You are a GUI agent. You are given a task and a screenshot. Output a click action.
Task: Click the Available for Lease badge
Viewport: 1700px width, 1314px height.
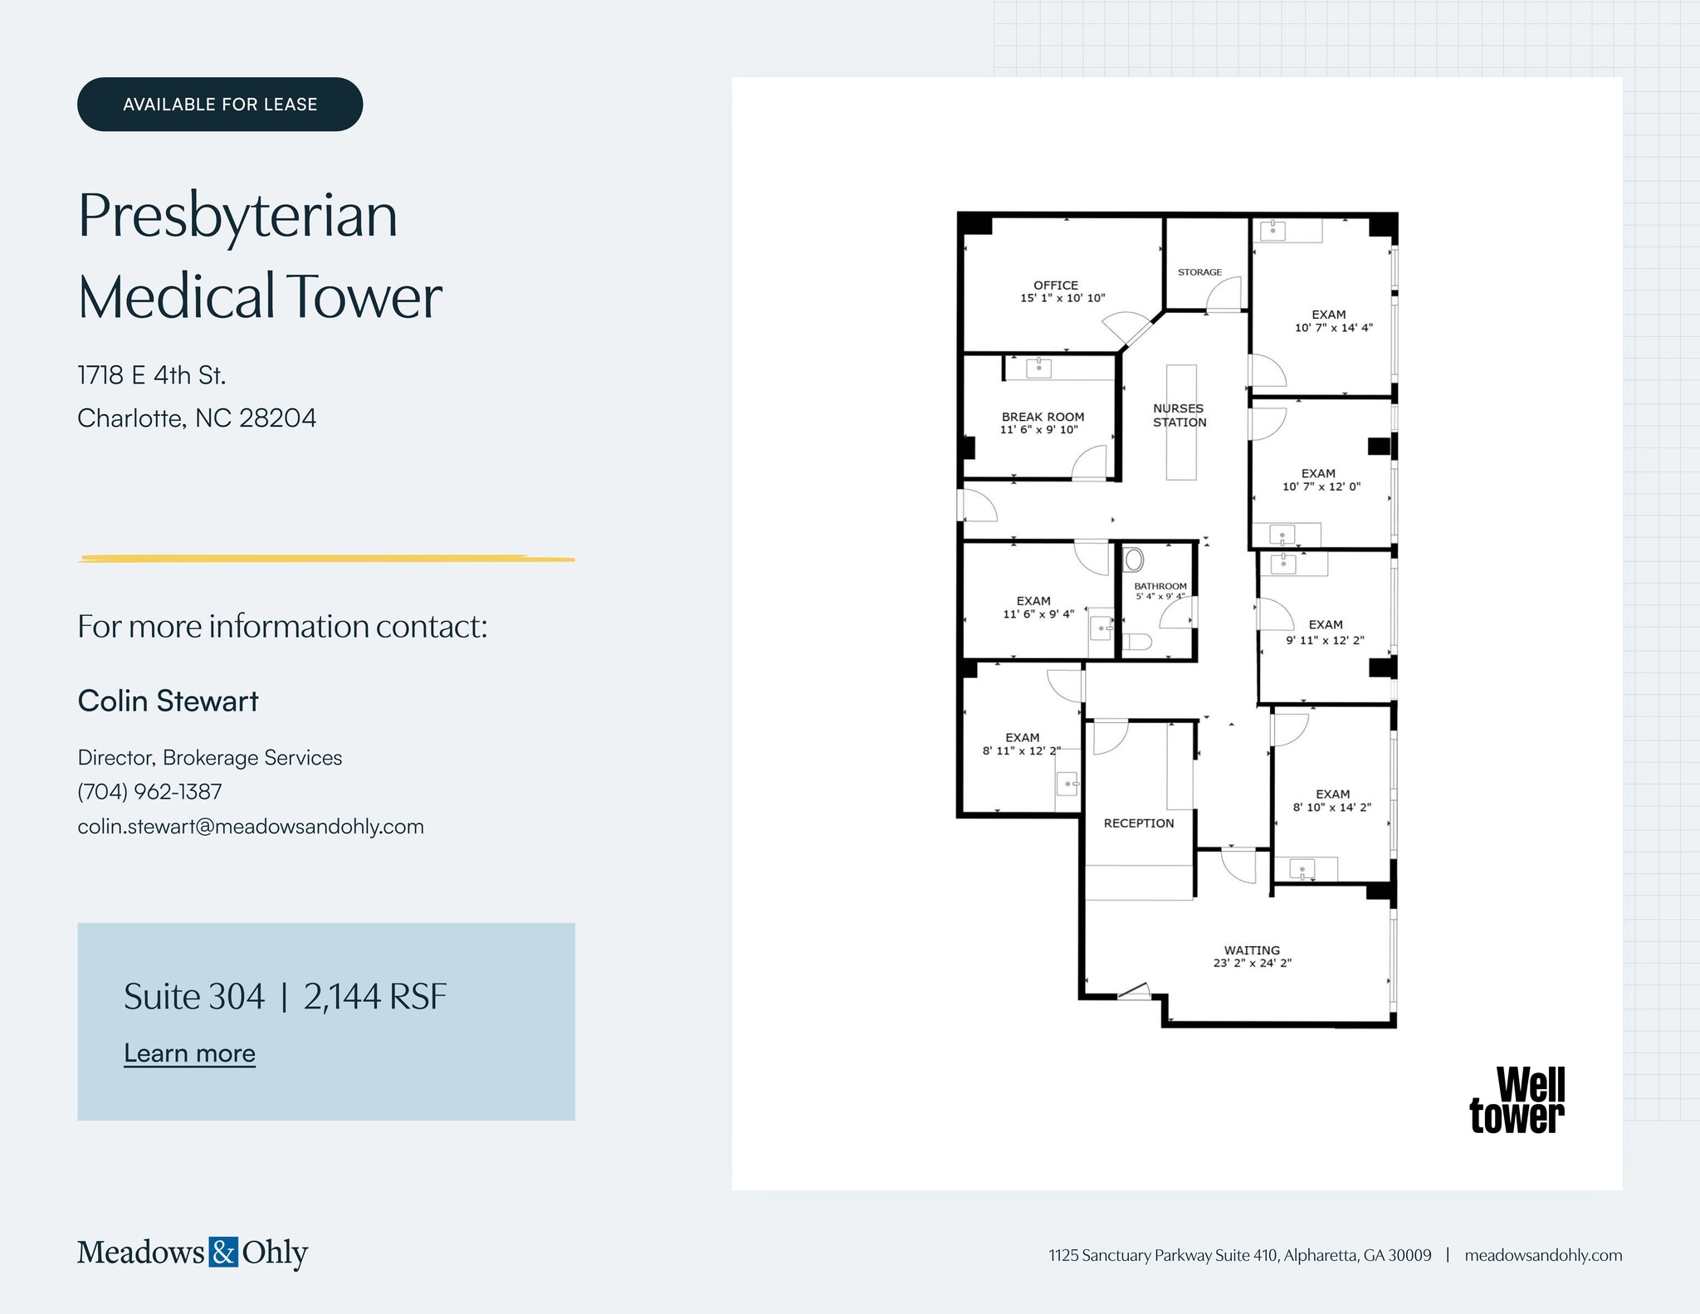click(220, 105)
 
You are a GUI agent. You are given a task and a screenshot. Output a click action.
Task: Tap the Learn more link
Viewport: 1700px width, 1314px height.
click(189, 1053)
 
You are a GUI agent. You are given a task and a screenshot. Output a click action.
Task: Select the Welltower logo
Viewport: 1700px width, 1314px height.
click(1517, 1101)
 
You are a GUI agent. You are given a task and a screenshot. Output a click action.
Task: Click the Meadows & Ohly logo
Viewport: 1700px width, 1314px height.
click(193, 1252)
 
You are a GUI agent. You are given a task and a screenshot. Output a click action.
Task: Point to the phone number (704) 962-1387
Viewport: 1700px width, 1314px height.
click(149, 792)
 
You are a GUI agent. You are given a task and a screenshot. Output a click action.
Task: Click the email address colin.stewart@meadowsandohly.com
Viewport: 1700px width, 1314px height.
click(251, 827)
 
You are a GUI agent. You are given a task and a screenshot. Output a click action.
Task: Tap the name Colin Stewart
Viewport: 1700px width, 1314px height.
click(168, 701)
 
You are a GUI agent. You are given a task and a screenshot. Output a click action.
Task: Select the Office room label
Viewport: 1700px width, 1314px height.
click(1056, 285)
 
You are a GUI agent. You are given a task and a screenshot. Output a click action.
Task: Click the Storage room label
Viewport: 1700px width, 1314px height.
click(1199, 272)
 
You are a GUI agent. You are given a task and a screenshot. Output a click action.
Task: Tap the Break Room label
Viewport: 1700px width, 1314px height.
click(1043, 417)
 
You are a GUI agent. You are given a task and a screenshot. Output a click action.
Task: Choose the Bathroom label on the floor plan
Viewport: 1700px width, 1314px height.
click(1160, 586)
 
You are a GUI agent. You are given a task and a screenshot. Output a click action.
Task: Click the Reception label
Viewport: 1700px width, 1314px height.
click(1139, 823)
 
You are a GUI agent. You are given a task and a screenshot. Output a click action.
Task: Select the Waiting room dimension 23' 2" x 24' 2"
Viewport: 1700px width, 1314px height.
click(1252, 964)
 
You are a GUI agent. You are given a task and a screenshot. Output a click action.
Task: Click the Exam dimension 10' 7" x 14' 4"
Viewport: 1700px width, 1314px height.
click(1333, 328)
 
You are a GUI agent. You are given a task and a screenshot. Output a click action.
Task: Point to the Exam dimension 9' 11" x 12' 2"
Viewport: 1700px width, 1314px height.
click(1325, 640)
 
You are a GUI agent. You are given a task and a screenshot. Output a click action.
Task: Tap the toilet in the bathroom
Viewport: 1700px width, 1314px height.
click(1138, 642)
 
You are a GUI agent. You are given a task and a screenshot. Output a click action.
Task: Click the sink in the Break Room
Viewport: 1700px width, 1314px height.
click(1038, 367)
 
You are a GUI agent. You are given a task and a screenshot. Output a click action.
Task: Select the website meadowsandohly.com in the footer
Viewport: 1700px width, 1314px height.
click(1543, 1255)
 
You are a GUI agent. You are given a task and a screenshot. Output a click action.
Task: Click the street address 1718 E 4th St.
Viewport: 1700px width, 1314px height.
click(152, 375)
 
